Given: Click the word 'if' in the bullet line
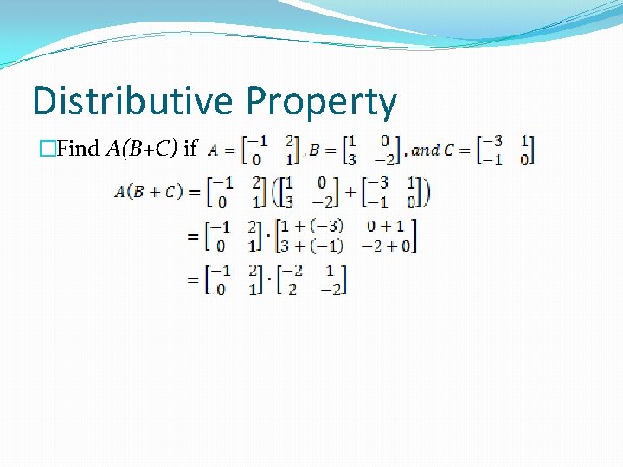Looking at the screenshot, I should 191,148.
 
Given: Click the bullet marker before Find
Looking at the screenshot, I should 46,149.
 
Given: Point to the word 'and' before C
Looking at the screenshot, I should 425,150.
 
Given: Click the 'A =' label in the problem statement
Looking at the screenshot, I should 222,150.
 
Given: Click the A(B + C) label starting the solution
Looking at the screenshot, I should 148,192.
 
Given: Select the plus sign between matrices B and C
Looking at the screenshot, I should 350,192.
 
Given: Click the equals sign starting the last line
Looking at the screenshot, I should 192,280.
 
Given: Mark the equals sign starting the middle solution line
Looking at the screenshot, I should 192,235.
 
